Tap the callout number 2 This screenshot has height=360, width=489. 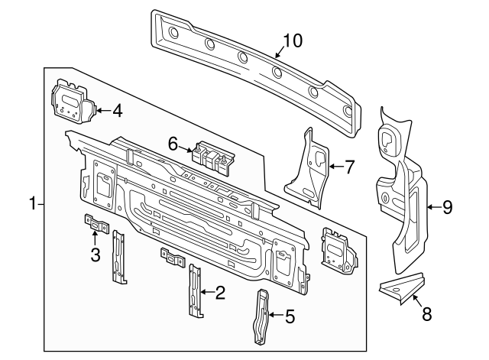[220, 291]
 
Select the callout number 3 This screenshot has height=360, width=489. [96, 255]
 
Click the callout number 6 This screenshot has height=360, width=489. [173, 143]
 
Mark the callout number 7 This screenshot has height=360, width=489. [350, 167]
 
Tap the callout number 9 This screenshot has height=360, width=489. [448, 206]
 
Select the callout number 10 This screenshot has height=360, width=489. [293, 40]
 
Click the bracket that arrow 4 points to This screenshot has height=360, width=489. [73, 101]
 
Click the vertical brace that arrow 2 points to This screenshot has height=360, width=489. [196, 292]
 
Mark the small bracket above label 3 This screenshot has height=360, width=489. [96, 224]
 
